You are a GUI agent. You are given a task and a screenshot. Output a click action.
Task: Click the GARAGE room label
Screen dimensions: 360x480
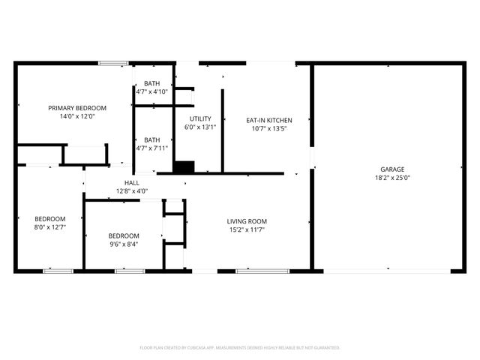tap(391, 169)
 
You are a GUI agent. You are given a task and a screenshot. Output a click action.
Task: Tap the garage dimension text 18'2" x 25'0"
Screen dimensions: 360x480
tap(391, 178)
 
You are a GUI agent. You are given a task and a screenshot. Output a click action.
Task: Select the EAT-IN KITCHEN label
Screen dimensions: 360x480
tap(269, 120)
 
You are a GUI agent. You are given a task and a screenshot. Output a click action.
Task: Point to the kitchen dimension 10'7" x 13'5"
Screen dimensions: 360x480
tap(269, 128)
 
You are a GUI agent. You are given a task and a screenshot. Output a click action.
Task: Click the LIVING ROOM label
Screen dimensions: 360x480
tap(247, 221)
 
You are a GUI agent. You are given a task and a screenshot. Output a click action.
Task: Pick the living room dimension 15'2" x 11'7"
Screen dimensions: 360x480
tap(247, 229)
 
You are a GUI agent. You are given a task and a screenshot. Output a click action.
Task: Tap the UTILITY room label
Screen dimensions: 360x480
tap(200, 118)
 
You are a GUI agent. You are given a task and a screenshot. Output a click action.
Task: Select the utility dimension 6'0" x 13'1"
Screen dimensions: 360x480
tap(200, 127)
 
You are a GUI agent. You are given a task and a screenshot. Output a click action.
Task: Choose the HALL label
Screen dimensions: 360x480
tap(131, 182)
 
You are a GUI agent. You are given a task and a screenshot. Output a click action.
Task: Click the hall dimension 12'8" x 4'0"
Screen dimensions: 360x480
tap(131, 190)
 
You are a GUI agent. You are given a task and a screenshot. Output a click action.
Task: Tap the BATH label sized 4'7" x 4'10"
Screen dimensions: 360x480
tap(152, 83)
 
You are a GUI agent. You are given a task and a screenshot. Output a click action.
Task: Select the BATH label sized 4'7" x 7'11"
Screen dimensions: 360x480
tap(152, 139)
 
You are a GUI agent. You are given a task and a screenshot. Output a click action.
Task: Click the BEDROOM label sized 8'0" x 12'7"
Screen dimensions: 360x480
tap(49, 218)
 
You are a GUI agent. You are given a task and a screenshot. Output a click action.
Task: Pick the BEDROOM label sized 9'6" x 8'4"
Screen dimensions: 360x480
tap(123, 235)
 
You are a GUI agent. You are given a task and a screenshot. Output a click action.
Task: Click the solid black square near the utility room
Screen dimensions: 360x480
tap(184, 166)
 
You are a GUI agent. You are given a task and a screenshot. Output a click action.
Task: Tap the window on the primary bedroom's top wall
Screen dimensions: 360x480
tap(114, 64)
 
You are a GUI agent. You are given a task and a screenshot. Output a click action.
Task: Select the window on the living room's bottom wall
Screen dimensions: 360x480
tap(252, 271)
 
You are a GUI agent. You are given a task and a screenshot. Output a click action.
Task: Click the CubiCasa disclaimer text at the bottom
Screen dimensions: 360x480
tap(240, 348)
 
